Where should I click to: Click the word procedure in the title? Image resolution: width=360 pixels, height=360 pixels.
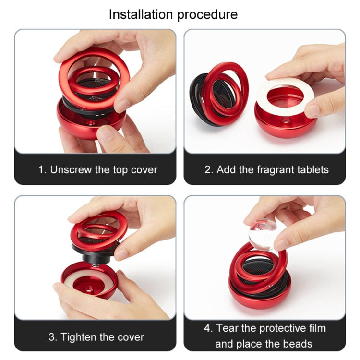207,15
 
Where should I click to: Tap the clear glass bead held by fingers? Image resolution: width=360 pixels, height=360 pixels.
263,234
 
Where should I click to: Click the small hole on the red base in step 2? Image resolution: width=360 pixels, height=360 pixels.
287,119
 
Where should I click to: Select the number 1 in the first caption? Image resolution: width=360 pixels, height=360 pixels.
41,169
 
